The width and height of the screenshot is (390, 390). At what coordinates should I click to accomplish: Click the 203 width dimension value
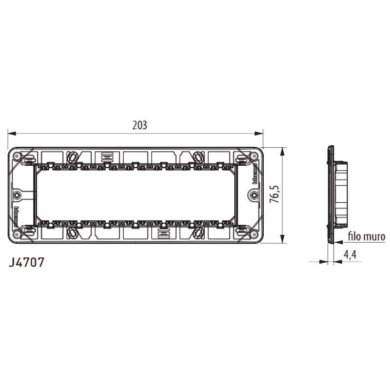click(139, 125)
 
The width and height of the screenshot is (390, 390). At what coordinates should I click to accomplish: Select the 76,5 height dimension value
click(276, 194)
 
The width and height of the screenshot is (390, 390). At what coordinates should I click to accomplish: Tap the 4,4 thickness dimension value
click(350, 254)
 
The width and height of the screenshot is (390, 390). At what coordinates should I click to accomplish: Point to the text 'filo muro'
click(367, 237)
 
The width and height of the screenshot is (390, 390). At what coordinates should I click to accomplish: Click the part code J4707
click(27, 262)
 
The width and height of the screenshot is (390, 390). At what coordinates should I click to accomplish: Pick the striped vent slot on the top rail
click(107, 157)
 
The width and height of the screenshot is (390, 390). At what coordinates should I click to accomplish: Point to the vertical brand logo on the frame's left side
click(18, 213)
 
